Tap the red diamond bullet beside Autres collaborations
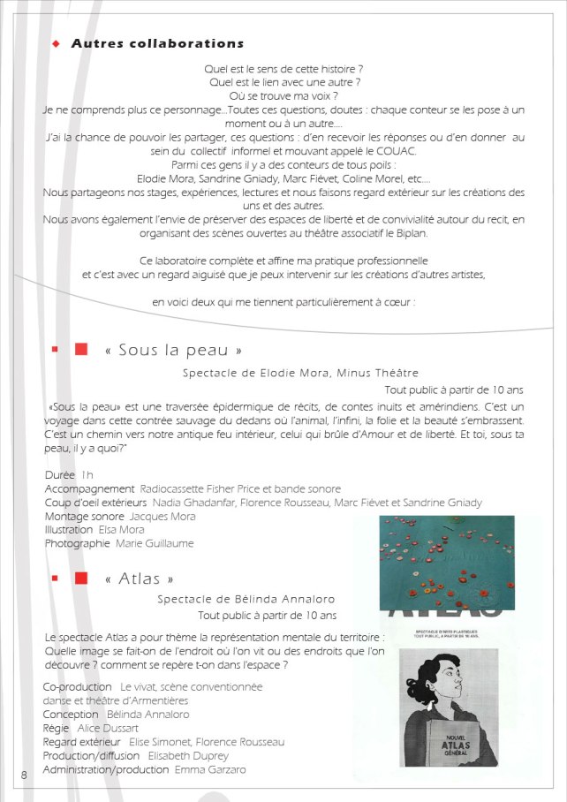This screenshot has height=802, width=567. [55, 43]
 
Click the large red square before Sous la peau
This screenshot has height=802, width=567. [81, 350]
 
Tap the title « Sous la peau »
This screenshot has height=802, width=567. [173, 350]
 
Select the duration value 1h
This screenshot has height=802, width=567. [87, 475]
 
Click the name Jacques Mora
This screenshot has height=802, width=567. [163, 516]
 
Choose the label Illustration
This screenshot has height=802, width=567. [68, 530]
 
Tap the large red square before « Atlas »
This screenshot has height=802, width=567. [81, 579]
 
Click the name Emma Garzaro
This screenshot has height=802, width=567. [210, 769]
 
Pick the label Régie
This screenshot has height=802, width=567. [57, 728]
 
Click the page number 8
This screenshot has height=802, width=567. [24, 775]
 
